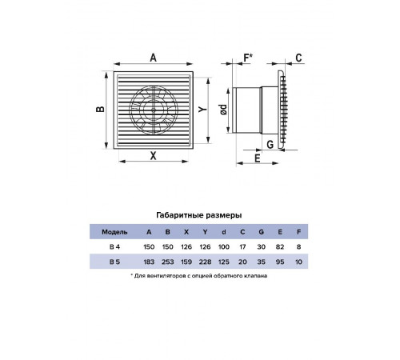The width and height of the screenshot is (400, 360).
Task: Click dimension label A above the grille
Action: (153, 58)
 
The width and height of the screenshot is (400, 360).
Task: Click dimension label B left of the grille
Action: (100, 109)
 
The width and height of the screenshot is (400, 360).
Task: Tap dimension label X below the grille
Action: (153, 156)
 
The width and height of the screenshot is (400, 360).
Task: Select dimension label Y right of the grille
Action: (202, 109)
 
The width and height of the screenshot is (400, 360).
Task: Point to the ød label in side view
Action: (223, 110)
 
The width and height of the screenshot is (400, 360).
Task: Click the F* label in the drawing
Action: (248, 58)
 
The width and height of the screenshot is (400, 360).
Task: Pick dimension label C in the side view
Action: (298, 58)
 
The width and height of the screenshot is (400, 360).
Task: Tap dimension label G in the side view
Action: (270, 145)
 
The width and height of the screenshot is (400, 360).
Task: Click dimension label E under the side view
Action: (258, 158)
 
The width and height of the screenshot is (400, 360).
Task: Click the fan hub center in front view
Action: (154, 110)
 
